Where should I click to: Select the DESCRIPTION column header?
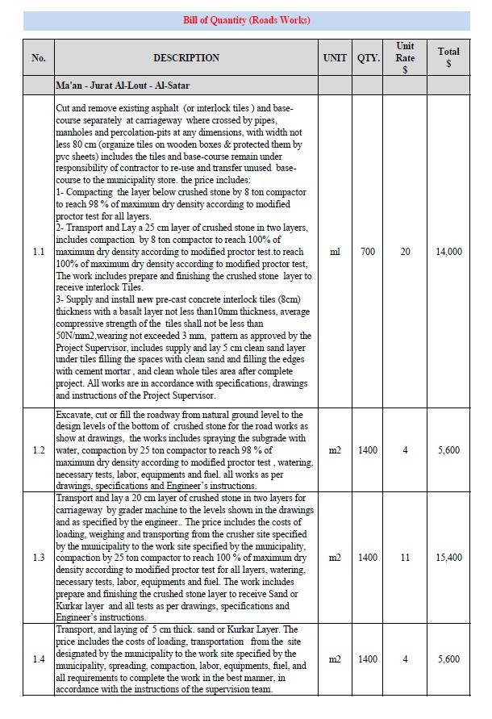tap(186, 58)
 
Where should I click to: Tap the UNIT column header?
tap(335, 58)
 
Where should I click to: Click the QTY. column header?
tap(368, 58)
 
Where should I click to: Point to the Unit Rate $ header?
tap(406, 58)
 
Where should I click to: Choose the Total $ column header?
tap(448, 57)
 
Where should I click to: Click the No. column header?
tap(39, 58)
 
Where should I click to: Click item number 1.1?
tap(39, 253)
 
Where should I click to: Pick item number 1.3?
tap(39, 558)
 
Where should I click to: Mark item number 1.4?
tap(39, 659)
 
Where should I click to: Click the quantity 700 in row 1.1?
tap(368, 253)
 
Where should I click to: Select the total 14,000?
tap(448, 253)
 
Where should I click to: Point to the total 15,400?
tap(448, 558)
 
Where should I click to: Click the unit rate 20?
tap(406, 253)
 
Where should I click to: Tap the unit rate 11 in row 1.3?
tap(406, 558)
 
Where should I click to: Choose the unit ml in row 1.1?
tap(335, 253)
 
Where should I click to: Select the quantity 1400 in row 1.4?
tap(368, 659)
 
